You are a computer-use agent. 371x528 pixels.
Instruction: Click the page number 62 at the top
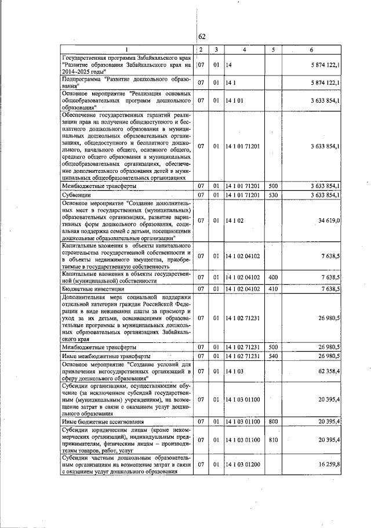click(202, 37)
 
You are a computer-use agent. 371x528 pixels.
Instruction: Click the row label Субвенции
click(74, 195)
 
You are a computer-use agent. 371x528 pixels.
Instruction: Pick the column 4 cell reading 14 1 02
click(235, 220)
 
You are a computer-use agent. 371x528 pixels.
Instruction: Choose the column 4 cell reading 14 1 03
click(235, 369)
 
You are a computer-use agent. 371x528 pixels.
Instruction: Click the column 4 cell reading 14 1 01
click(235, 100)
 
